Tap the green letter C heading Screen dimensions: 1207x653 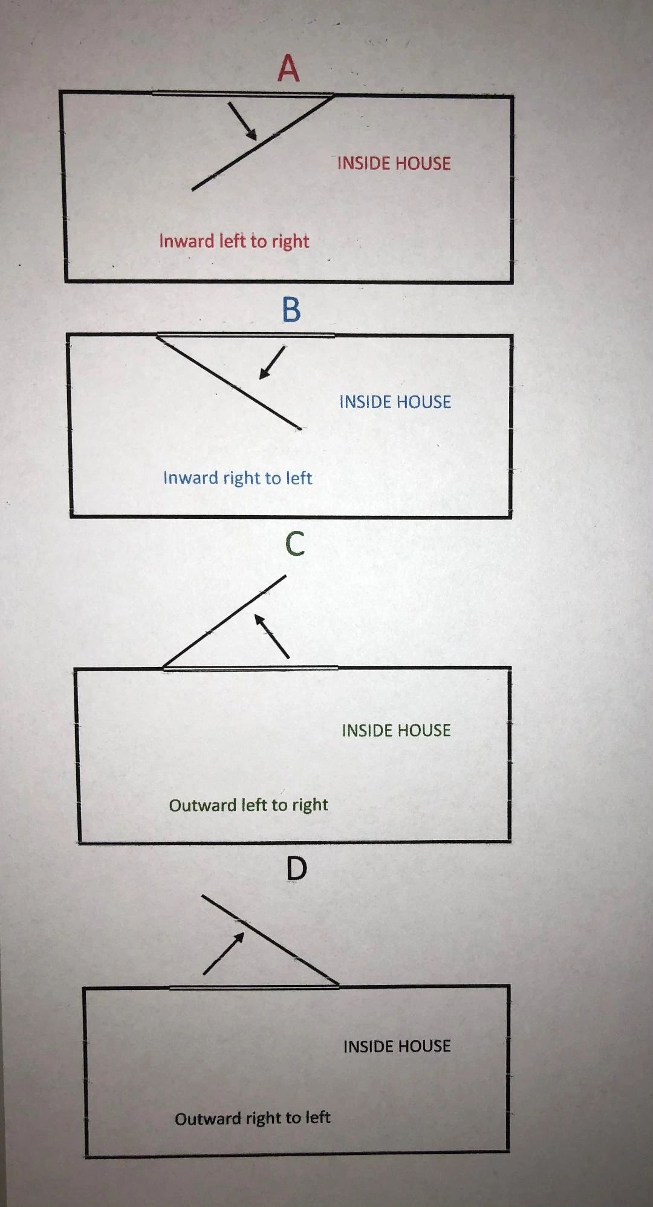click(294, 544)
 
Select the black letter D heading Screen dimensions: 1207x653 click(296, 869)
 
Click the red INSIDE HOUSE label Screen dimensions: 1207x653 click(394, 163)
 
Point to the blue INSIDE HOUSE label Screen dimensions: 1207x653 click(395, 402)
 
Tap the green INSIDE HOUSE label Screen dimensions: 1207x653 click(396, 730)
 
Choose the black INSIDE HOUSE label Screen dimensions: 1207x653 click(397, 1046)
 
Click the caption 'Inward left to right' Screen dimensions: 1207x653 click(234, 241)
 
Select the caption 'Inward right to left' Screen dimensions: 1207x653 click(237, 478)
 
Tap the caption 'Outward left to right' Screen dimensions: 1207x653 click(248, 805)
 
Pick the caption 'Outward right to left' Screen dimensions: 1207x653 click(252, 1118)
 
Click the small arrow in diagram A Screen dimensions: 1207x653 click(242, 120)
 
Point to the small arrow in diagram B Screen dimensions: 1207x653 click(272, 363)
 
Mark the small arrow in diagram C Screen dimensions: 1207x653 click(271, 636)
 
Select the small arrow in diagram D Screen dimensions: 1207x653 click(224, 953)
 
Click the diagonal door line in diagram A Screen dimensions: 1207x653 click(262, 142)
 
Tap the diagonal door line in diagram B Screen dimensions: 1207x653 click(229, 382)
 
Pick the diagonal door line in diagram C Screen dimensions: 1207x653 click(224, 622)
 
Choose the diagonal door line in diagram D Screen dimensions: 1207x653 click(270, 940)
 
